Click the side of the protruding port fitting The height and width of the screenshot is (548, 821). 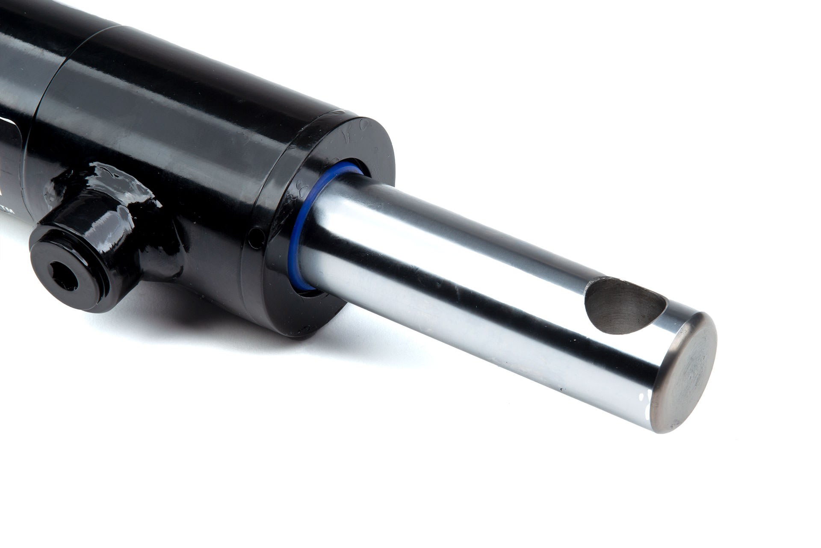tap(107, 239)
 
